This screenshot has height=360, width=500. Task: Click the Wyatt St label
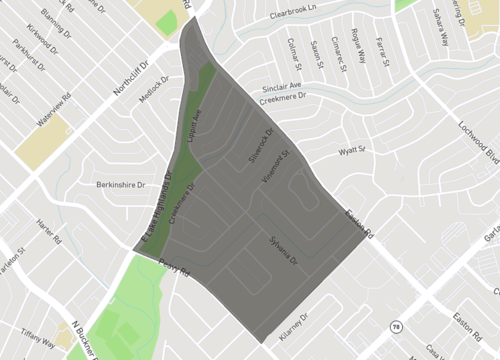point(353,151)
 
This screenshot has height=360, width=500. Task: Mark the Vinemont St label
point(275,169)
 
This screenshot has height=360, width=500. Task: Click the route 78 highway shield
point(397,326)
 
